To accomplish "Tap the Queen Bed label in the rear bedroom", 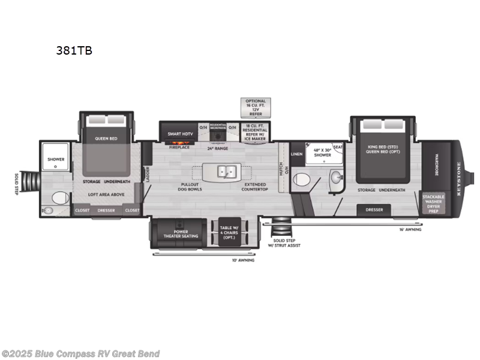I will click(x=106, y=139).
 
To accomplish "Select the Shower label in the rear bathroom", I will click(x=56, y=160).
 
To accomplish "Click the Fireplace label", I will click(x=179, y=147).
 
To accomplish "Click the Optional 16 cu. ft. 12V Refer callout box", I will click(x=255, y=107).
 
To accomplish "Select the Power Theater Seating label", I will click(x=181, y=234).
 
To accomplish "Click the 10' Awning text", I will click(x=243, y=260).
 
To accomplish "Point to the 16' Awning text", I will click(x=410, y=229).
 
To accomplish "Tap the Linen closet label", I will click(x=296, y=154).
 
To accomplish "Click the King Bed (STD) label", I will click(x=383, y=147).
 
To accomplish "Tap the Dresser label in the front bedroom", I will click(x=374, y=209).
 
